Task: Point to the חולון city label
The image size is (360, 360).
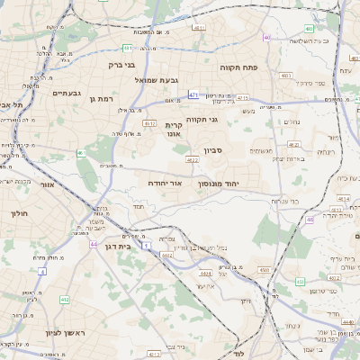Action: pos(20,213)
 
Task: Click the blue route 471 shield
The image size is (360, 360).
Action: pos(193,94)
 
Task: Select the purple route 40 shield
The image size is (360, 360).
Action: pos(267,37)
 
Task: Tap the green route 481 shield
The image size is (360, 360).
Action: pos(128,48)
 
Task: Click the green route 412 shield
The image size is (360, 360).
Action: pos(64,300)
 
